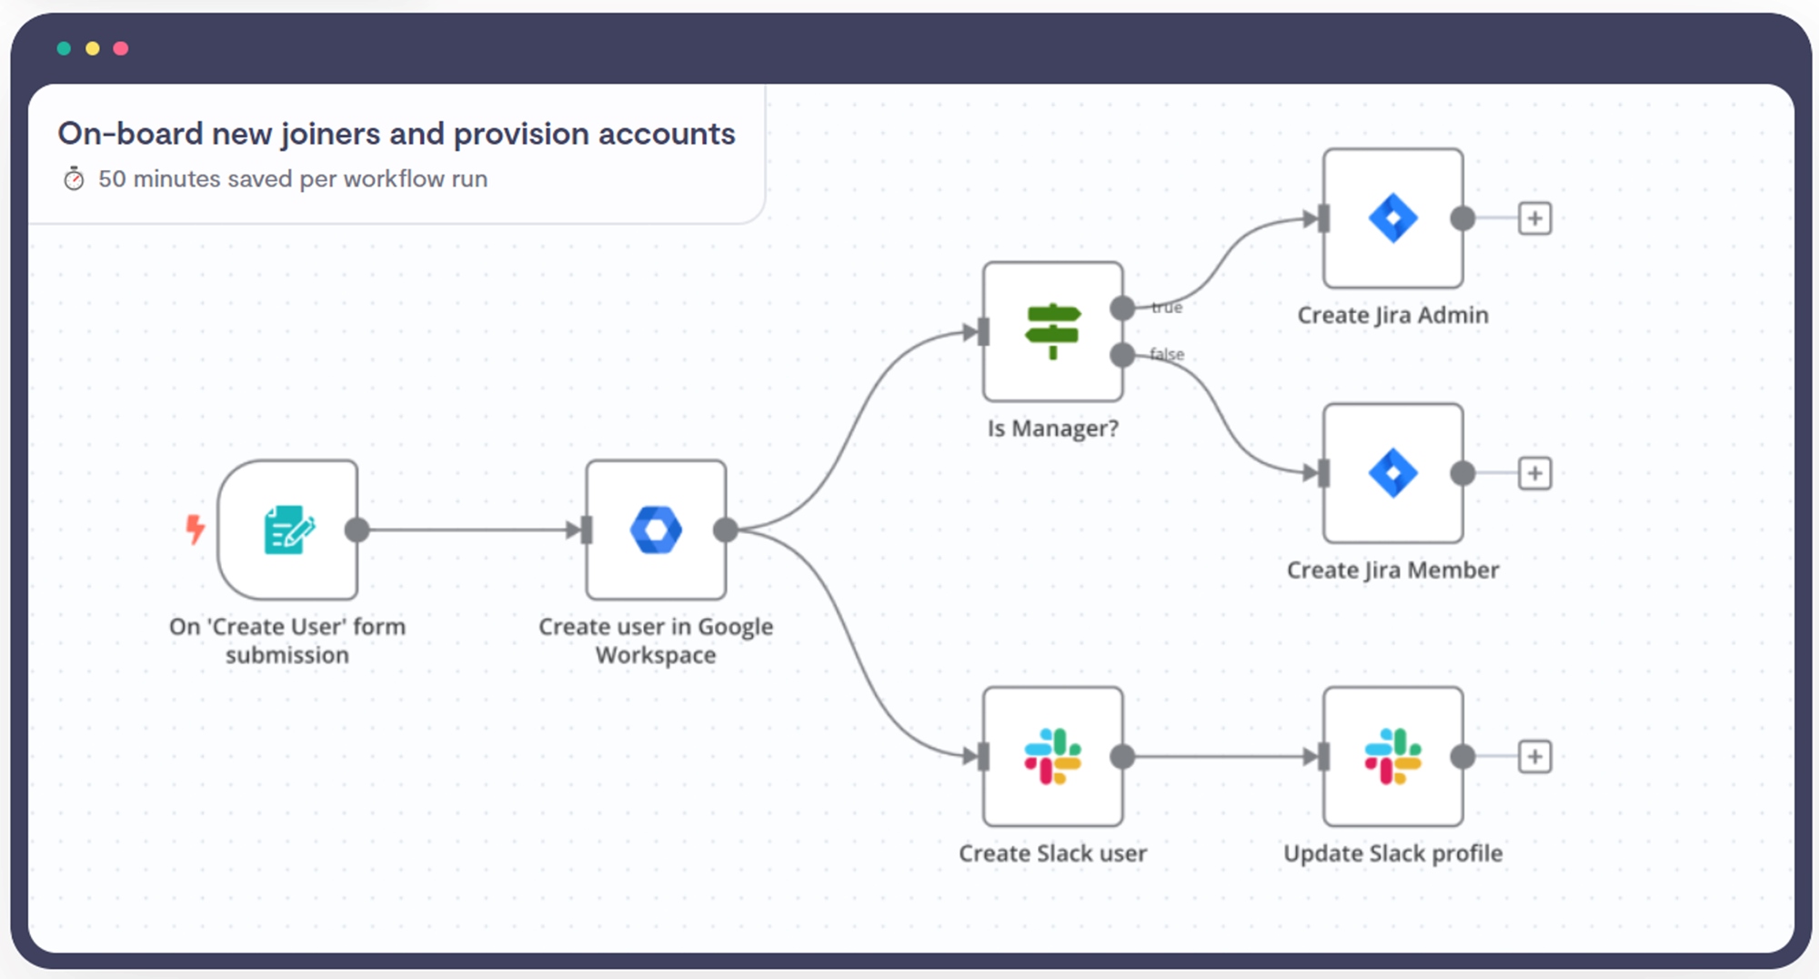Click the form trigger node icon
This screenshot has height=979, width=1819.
coord(289,530)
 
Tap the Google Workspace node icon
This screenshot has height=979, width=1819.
coord(656,530)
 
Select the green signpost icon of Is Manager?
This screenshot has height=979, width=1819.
coord(1052,331)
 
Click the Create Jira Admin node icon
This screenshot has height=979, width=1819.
coord(1393,218)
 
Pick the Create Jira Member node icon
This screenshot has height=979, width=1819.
coord(1393,473)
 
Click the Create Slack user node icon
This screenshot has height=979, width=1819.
coord(1052,756)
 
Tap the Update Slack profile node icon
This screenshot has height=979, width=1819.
coord(1393,756)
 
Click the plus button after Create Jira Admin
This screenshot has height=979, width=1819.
coord(1535,218)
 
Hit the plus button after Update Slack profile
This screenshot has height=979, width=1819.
coord(1535,756)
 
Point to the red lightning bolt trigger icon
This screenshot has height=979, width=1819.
coord(195,529)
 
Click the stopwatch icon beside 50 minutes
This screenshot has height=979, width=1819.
coord(74,179)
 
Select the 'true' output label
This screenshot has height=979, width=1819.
coord(1167,308)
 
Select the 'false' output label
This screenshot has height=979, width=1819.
coord(1167,354)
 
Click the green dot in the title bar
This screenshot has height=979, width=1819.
coord(64,48)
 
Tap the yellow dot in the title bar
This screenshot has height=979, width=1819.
coord(92,48)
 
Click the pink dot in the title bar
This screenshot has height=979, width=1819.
coord(121,48)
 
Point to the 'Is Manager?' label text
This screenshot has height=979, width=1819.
coord(1053,429)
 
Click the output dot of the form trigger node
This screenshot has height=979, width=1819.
coord(357,530)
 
